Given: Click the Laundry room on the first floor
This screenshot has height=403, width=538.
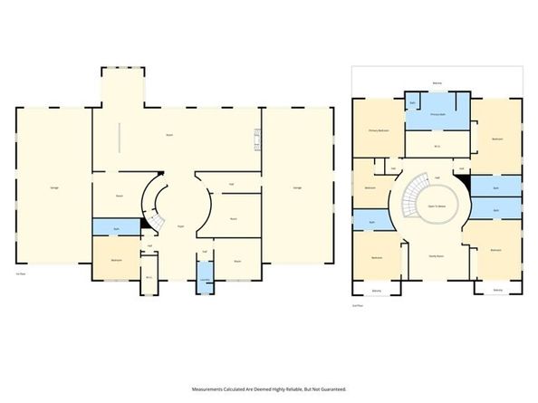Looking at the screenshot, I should tap(206, 279).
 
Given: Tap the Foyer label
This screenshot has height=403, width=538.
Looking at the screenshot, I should tap(181, 225).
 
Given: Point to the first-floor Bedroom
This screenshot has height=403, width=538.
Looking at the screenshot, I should tap(117, 260).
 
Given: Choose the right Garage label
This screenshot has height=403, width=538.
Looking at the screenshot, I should tap(297, 187).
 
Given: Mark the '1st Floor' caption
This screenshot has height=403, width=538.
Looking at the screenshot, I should tap(18, 273).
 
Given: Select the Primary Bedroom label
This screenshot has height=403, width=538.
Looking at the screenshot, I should tap(379, 130).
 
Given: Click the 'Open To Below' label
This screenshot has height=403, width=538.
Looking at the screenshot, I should tap(437, 204).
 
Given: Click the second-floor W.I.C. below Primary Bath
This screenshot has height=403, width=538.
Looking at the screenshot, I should tap(437, 146).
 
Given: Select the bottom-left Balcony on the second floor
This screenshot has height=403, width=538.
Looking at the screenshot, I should tap(377, 290).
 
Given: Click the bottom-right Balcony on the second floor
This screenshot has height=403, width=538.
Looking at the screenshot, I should tap(497, 290).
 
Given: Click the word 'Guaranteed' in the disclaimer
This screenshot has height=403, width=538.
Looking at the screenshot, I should tap(329, 389).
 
